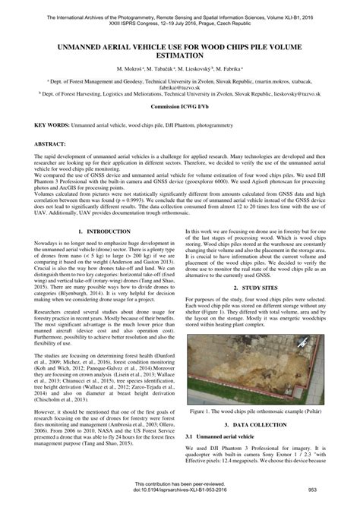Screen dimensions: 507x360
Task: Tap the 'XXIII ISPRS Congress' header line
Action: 180,14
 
